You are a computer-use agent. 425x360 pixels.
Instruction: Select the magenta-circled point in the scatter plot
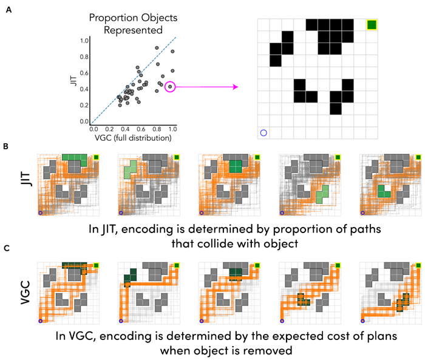170,87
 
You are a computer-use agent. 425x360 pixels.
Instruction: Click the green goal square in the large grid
372,24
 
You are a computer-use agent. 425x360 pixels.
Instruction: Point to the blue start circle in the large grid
263,132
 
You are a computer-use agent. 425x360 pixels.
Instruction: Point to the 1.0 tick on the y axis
85,41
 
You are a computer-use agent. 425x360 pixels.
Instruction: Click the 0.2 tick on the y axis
85,106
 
